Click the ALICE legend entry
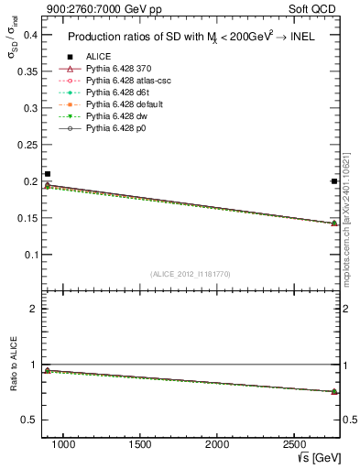99,57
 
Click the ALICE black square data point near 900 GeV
48,174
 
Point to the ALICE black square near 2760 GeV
334,181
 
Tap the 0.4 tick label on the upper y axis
31,36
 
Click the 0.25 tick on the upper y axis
27,145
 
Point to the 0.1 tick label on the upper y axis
31,255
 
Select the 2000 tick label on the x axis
218,445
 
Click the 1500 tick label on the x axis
140,445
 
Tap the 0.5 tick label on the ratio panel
30,420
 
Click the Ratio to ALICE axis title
12,364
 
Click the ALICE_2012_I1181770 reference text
190,274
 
